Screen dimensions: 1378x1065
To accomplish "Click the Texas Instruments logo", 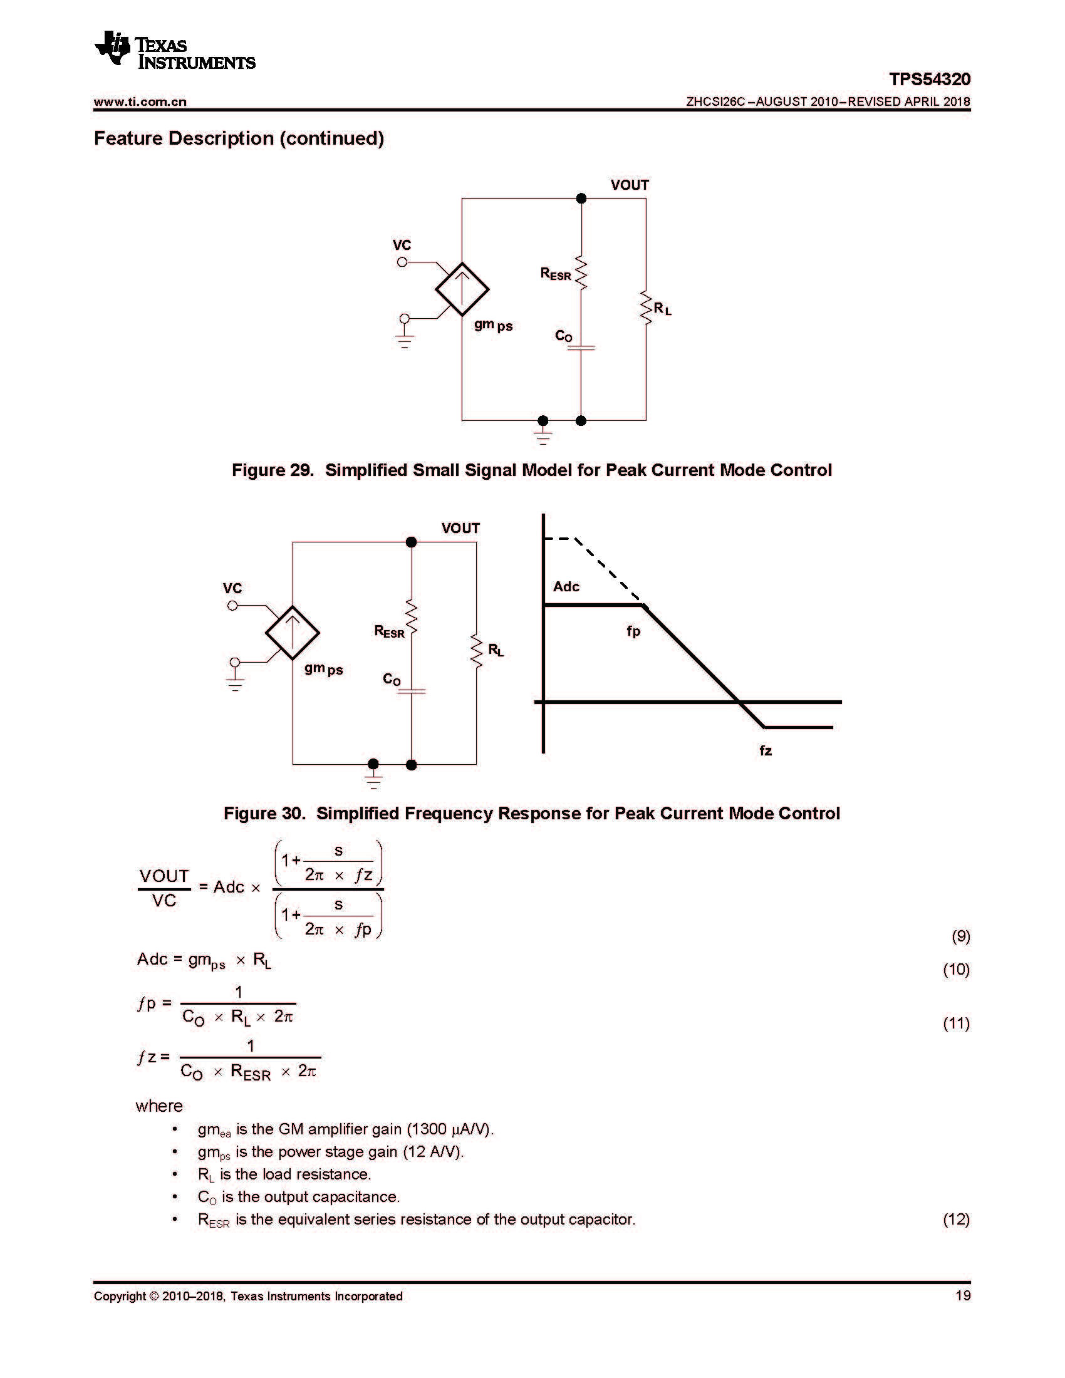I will (x=174, y=49).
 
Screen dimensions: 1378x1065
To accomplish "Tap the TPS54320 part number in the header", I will (x=929, y=80).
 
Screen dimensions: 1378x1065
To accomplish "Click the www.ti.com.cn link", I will (x=140, y=101).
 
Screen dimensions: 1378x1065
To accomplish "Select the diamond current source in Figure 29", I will (x=462, y=289).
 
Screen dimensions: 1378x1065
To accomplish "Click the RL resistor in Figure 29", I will (x=645, y=309).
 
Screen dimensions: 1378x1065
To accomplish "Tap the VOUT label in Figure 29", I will (x=629, y=185).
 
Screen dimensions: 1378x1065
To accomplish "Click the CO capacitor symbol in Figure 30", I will (x=412, y=691).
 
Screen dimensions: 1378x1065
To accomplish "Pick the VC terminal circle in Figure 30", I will (x=232, y=606).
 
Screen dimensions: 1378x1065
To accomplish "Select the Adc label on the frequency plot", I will (x=566, y=587).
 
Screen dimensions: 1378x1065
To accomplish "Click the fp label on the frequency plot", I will (x=633, y=631).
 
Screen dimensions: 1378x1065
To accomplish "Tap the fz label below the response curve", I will (x=766, y=751).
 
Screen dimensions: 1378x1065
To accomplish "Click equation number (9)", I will (x=960, y=936).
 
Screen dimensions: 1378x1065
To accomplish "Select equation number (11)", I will (x=956, y=1023).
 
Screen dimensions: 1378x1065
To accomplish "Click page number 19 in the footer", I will (x=963, y=1296).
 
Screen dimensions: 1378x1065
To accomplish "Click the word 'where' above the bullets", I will (x=159, y=1106).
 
